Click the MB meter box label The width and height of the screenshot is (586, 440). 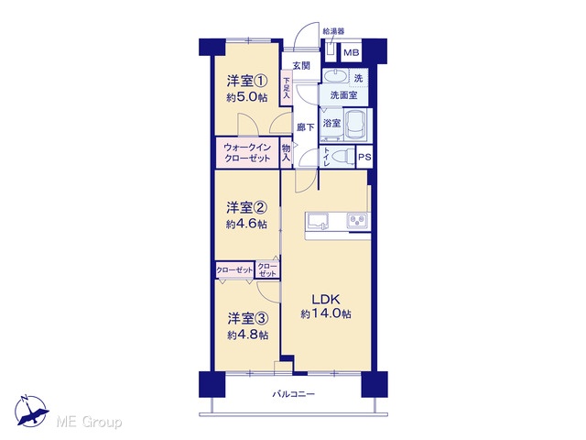(x=351, y=53)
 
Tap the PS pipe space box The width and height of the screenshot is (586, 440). (x=364, y=157)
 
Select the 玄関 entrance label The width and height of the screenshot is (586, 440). (x=301, y=66)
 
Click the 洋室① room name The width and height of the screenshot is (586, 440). (x=247, y=81)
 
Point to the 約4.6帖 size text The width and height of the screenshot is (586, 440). (x=246, y=224)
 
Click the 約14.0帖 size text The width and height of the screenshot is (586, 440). (x=326, y=313)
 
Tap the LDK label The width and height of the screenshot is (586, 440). (x=326, y=299)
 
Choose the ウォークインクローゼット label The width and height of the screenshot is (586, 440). (x=247, y=153)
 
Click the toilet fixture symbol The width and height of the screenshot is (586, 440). (x=342, y=156)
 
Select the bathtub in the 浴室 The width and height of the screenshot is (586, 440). (x=355, y=125)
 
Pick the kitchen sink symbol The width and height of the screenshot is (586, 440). (x=318, y=221)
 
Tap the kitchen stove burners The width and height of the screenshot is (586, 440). (x=357, y=220)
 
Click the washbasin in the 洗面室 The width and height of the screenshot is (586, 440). (x=335, y=76)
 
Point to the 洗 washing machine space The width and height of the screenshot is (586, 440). (x=358, y=78)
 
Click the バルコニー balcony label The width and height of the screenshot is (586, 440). (x=293, y=394)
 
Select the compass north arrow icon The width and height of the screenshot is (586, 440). (x=31, y=411)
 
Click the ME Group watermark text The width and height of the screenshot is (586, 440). (x=89, y=423)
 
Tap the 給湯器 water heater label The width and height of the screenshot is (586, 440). (x=333, y=31)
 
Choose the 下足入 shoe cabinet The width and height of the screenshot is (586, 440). (x=287, y=88)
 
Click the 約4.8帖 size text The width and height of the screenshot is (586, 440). (x=248, y=335)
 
